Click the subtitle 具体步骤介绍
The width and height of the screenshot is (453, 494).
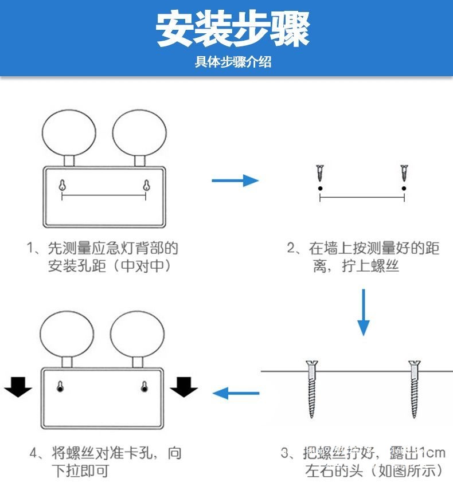click(x=233, y=62)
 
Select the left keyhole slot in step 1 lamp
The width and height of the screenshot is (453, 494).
click(x=62, y=185)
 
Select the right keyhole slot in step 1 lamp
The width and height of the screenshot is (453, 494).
click(x=146, y=185)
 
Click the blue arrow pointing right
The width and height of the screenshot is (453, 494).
click(x=235, y=181)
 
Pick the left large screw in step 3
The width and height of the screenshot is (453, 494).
click(x=312, y=388)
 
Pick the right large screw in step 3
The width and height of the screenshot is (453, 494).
click(x=413, y=388)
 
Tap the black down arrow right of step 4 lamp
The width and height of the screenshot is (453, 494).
click(x=183, y=387)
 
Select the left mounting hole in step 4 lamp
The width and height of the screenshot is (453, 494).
click(x=60, y=387)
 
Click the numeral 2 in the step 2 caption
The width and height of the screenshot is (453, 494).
click(x=291, y=248)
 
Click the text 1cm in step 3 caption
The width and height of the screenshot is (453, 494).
click(x=431, y=452)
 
